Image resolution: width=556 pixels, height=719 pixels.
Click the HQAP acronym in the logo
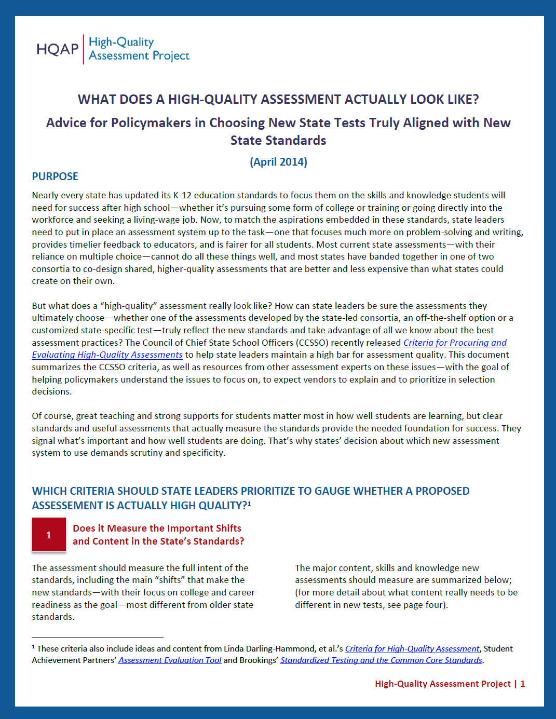(x=57, y=49)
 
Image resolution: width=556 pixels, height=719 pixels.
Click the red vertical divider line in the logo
(x=83, y=49)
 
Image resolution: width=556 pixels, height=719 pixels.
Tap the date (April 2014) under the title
(x=278, y=162)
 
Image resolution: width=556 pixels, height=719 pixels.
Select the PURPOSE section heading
(x=55, y=177)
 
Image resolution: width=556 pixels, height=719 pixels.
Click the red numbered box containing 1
(x=49, y=535)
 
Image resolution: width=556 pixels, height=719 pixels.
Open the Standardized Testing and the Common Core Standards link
(x=381, y=660)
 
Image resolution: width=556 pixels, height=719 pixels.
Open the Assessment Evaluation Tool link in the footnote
(x=170, y=660)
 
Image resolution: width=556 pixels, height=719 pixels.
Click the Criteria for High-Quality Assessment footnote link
(x=412, y=649)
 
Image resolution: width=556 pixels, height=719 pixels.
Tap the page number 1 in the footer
(x=523, y=684)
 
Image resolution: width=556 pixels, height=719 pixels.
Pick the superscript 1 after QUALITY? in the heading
(x=249, y=503)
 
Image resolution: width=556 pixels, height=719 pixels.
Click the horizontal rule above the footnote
(x=98, y=637)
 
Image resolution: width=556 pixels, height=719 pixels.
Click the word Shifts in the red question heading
(x=228, y=528)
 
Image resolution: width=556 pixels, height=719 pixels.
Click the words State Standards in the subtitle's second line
(x=278, y=141)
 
